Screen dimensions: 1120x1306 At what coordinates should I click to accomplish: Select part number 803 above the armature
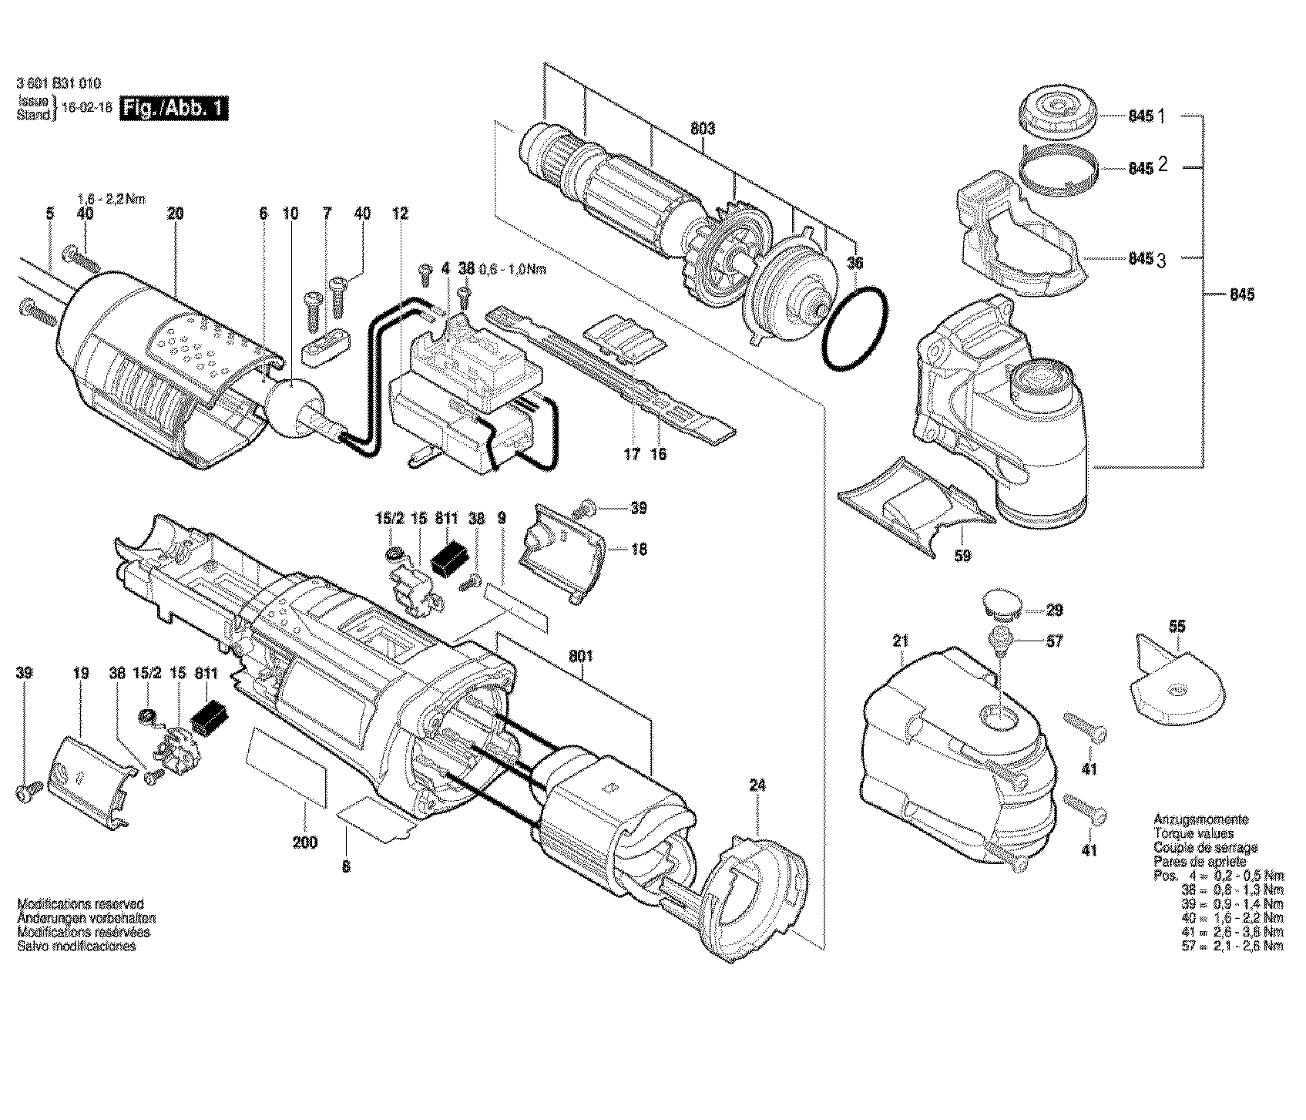[x=703, y=129]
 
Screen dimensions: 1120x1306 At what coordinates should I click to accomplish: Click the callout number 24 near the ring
[x=758, y=786]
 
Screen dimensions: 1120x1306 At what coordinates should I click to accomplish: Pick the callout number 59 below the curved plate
[x=962, y=555]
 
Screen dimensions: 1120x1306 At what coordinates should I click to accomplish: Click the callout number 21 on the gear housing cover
[x=901, y=641]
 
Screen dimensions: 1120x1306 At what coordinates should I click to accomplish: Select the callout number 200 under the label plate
[x=305, y=843]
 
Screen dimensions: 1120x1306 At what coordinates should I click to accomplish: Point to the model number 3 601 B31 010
[x=58, y=85]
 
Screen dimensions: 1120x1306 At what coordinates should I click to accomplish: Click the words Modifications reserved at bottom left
[x=80, y=903]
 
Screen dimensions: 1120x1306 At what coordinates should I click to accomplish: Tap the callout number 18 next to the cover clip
[x=639, y=550]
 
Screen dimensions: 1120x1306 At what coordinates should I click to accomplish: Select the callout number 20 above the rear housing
[x=176, y=214]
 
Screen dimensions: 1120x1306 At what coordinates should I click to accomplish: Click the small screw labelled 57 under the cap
[x=1000, y=639]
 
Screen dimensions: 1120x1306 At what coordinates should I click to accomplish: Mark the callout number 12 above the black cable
[x=399, y=214]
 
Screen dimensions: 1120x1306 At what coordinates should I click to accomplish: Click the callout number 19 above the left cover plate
[x=81, y=673]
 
